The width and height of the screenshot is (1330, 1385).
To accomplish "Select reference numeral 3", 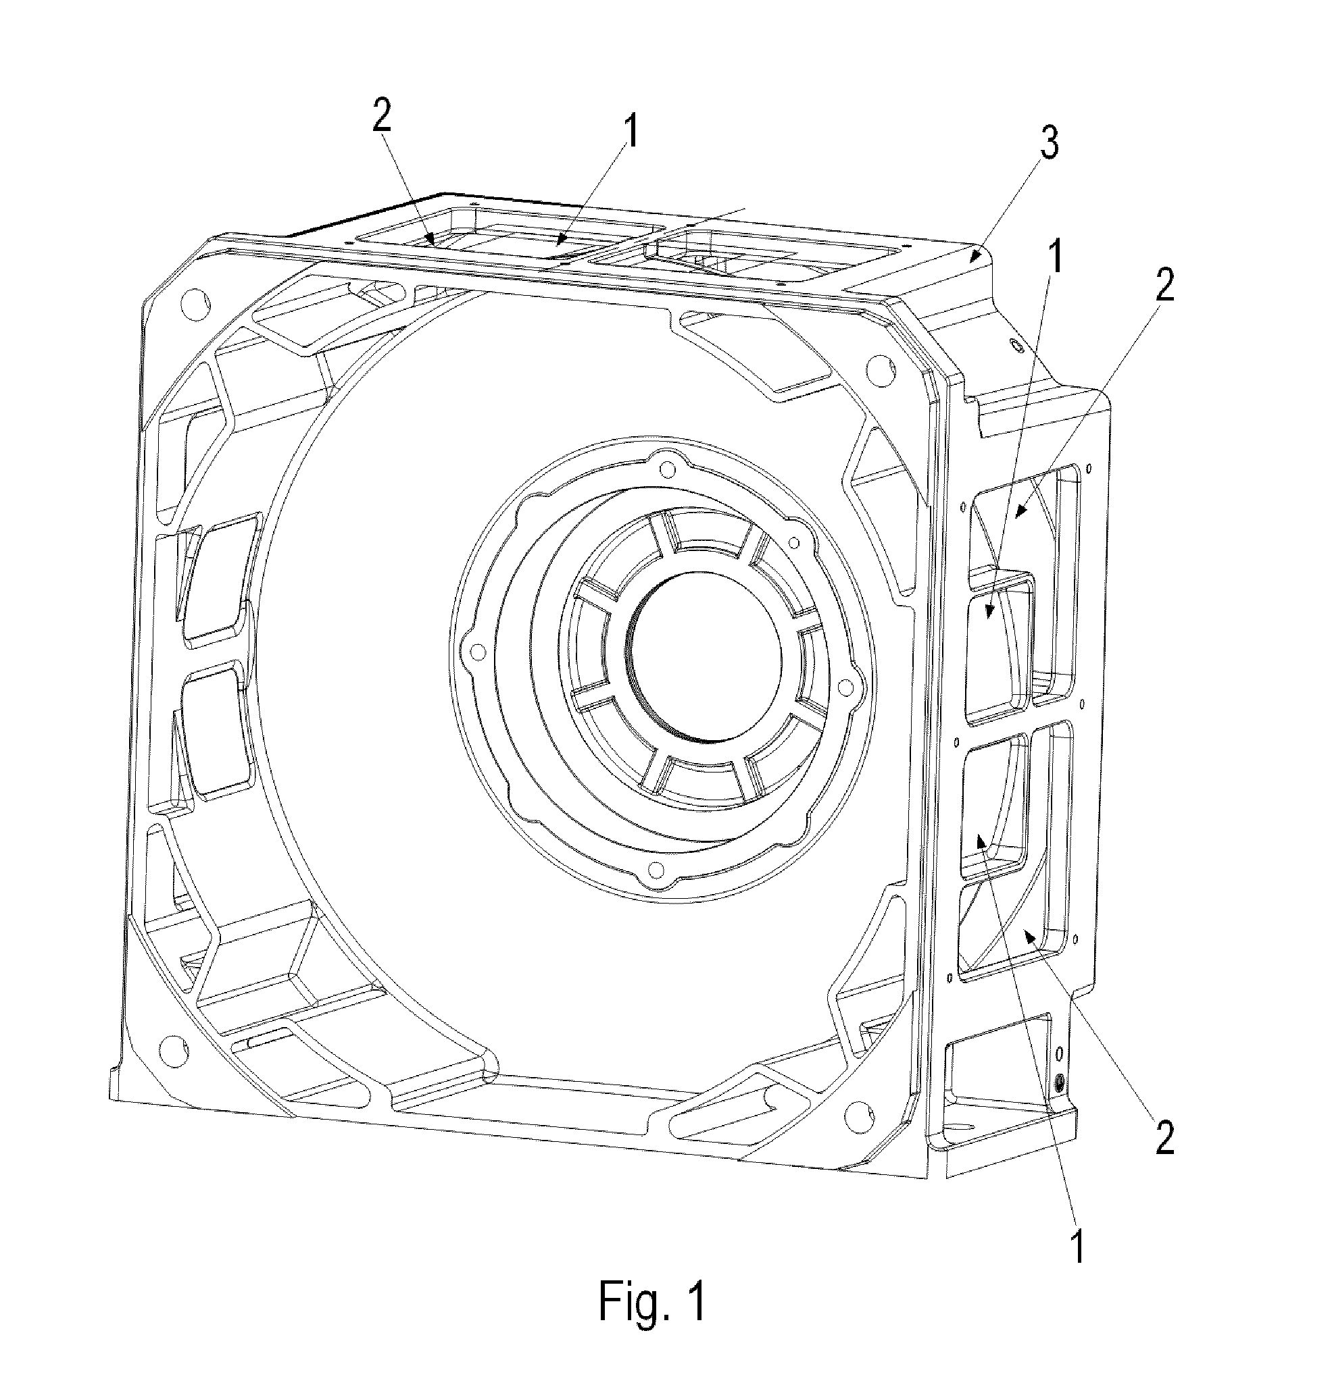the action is click(1050, 144).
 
